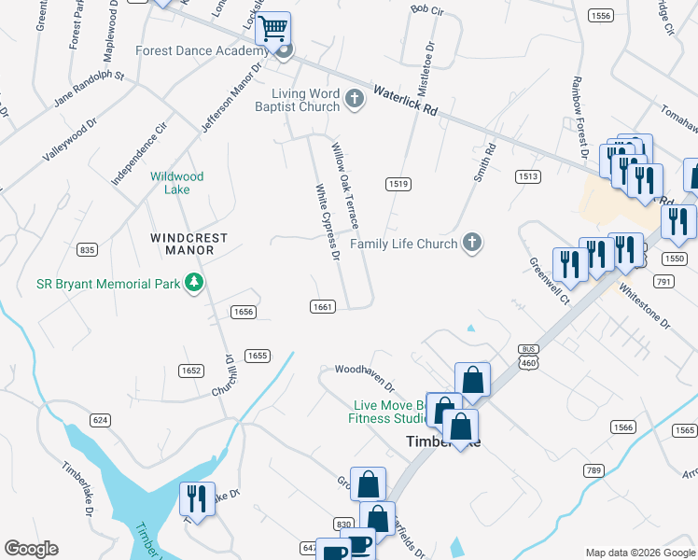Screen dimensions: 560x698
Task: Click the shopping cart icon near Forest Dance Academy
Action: pos(273,29)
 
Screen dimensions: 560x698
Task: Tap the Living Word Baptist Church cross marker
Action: pos(354,98)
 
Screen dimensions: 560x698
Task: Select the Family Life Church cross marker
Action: pos(472,244)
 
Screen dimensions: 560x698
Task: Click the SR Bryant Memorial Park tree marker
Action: pos(193,283)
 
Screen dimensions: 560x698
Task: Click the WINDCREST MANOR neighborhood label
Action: pos(188,245)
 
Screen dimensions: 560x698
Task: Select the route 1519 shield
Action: pos(398,184)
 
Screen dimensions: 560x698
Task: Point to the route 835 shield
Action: pos(88,249)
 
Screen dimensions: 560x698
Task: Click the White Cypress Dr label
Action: pos(326,220)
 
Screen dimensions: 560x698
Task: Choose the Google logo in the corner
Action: pos(31,549)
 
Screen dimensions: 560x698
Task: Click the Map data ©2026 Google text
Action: pos(640,553)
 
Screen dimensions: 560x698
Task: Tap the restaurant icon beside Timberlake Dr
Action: pos(197,498)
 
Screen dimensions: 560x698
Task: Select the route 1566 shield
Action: pos(624,427)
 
